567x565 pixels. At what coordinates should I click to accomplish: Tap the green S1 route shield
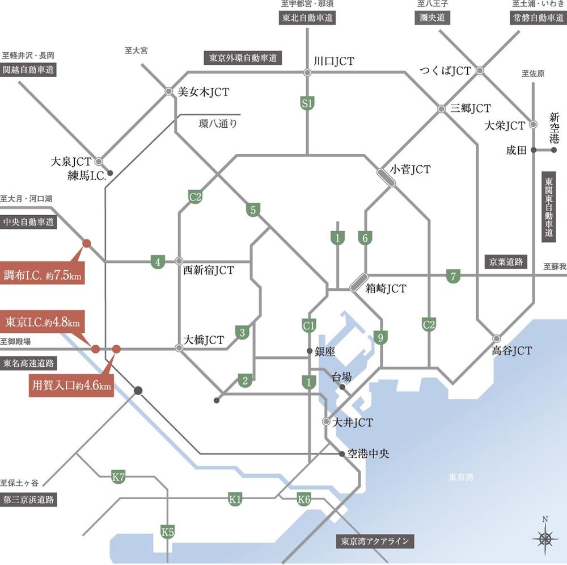(x=307, y=103)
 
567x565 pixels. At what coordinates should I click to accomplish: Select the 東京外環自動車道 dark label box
(x=243, y=57)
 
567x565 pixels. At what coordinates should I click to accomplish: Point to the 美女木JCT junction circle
(x=168, y=91)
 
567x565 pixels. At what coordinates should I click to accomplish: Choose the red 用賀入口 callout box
(x=71, y=387)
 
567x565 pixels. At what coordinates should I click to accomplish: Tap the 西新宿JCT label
(x=209, y=271)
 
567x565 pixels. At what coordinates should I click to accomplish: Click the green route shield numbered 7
(x=452, y=277)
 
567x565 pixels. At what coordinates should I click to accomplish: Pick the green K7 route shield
(x=118, y=476)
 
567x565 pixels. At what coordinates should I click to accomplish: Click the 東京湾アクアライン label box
(x=374, y=541)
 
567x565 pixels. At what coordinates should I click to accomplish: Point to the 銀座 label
(x=325, y=351)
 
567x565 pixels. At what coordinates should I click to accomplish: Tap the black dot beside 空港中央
(x=342, y=454)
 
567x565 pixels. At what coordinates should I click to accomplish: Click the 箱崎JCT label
(x=386, y=288)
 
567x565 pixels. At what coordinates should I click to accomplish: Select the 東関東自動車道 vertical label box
(x=548, y=207)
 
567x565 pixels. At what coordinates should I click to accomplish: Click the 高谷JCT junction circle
(x=497, y=338)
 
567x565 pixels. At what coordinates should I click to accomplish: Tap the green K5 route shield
(x=167, y=532)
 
